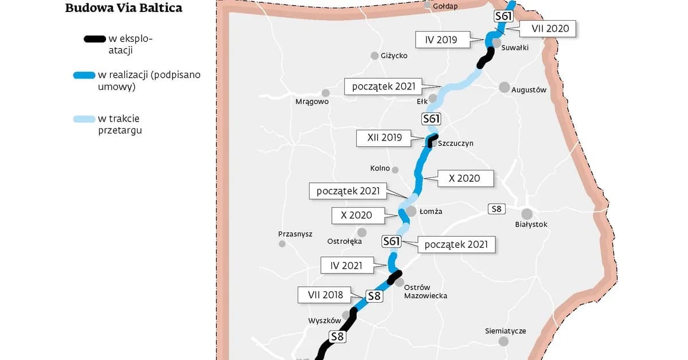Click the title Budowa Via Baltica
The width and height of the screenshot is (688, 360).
(x=124, y=8)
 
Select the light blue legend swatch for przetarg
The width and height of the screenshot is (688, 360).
(x=84, y=119)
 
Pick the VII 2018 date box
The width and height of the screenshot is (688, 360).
(x=325, y=295)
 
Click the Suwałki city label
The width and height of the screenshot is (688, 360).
(x=514, y=48)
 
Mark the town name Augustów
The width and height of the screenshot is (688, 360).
(x=529, y=90)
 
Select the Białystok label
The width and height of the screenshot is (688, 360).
(x=531, y=224)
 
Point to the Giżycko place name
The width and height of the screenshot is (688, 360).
(x=394, y=56)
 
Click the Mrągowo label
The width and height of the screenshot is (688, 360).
(x=311, y=101)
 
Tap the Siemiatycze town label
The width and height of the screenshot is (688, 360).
(x=505, y=331)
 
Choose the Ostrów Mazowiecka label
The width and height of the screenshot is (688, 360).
(x=425, y=291)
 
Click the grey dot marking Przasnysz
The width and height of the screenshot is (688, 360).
(x=282, y=244)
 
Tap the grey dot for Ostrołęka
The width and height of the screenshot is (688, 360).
(x=362, y=232)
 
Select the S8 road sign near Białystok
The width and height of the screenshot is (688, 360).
(x=496, y=209)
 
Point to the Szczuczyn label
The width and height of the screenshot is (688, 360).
(x=455, y=143)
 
